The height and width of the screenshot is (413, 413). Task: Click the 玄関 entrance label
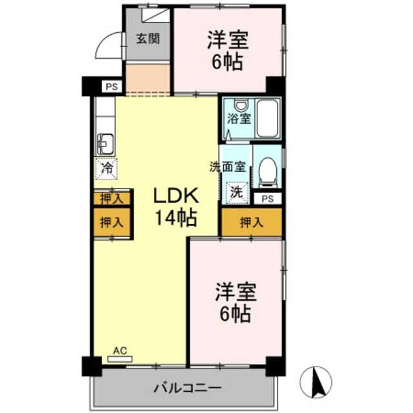click(x=148, y=37)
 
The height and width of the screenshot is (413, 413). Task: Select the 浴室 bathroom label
click(x=239, y=119)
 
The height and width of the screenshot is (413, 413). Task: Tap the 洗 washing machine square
click(x=237, y=192)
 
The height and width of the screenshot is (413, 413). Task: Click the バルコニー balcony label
click(x=187, y=388)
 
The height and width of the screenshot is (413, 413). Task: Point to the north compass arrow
click(x=316, y=381)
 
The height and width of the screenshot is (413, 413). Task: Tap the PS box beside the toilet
click(x=267, y=199)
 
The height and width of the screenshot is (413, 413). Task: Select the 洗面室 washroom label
click(x=227, y=166)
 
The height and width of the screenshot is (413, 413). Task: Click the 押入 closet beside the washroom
click(x=252, y=223)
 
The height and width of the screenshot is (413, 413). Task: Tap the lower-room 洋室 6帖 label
click(x=236, y=303)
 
